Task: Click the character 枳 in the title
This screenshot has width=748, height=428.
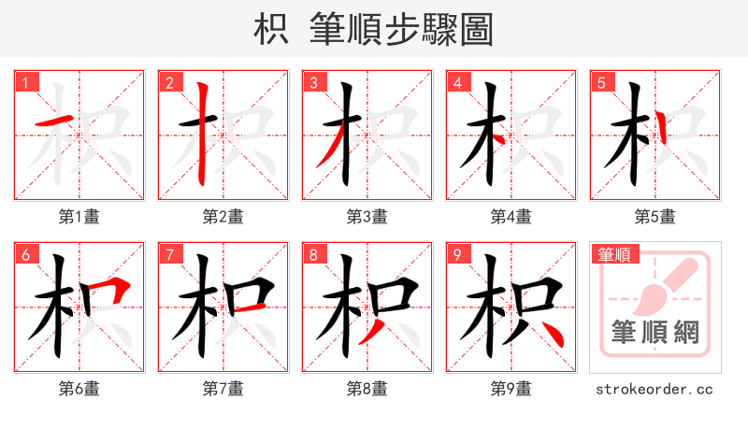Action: (270, 30)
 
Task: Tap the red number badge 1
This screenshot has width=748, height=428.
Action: (25, 83)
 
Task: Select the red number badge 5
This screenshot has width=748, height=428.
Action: (600, 83)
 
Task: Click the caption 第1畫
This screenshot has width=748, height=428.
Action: (79, 217)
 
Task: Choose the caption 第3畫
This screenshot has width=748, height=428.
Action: (367, 217)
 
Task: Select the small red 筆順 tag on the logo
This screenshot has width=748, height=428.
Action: (612, 254)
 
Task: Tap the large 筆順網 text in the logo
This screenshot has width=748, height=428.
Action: (654, 331)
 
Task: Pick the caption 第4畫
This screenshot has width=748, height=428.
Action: (511, 217)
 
